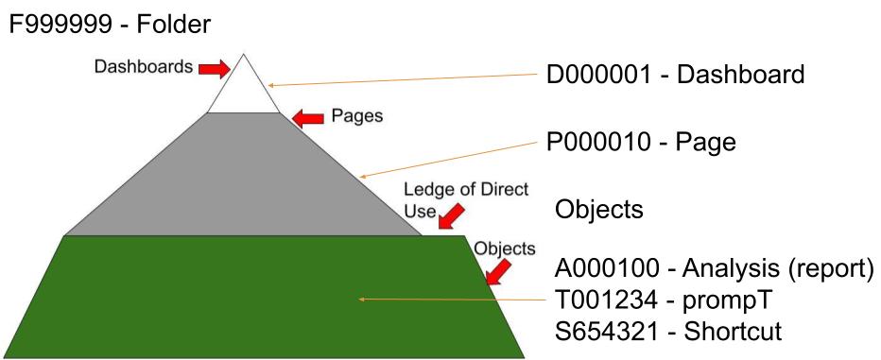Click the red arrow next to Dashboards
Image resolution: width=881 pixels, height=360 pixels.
tap(215, 69)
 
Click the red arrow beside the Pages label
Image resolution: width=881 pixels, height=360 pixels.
tap(307, 118)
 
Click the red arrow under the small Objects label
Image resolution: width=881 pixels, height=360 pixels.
tap(496, 272)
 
